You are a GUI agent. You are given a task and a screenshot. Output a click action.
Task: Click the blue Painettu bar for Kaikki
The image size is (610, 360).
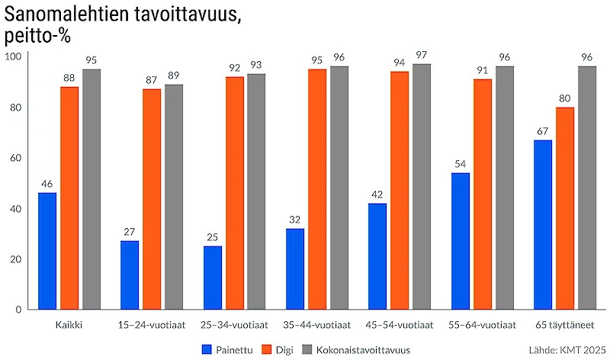point(47,251)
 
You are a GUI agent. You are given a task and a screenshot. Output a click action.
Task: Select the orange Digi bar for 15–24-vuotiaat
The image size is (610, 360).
point(152,199)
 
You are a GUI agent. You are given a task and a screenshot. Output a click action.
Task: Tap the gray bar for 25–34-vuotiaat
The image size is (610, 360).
point(257,191)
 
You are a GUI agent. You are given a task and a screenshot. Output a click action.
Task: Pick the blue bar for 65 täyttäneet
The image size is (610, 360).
point(543,224)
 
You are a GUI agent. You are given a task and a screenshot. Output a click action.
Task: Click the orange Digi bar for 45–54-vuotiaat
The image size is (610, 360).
point(400,190)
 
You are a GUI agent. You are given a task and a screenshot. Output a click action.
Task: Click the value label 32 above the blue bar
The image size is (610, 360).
point(295,220)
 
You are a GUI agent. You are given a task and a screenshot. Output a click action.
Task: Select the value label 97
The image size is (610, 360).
point(422,55)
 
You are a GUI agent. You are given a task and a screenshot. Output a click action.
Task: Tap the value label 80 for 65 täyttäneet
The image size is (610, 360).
point(565,98)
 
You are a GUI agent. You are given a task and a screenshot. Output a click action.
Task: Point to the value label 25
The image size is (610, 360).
point(212,237)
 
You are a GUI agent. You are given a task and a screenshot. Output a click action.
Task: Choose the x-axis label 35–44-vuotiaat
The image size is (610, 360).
point(316,324)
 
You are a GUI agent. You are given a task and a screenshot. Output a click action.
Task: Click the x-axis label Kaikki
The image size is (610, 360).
point(69,324)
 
